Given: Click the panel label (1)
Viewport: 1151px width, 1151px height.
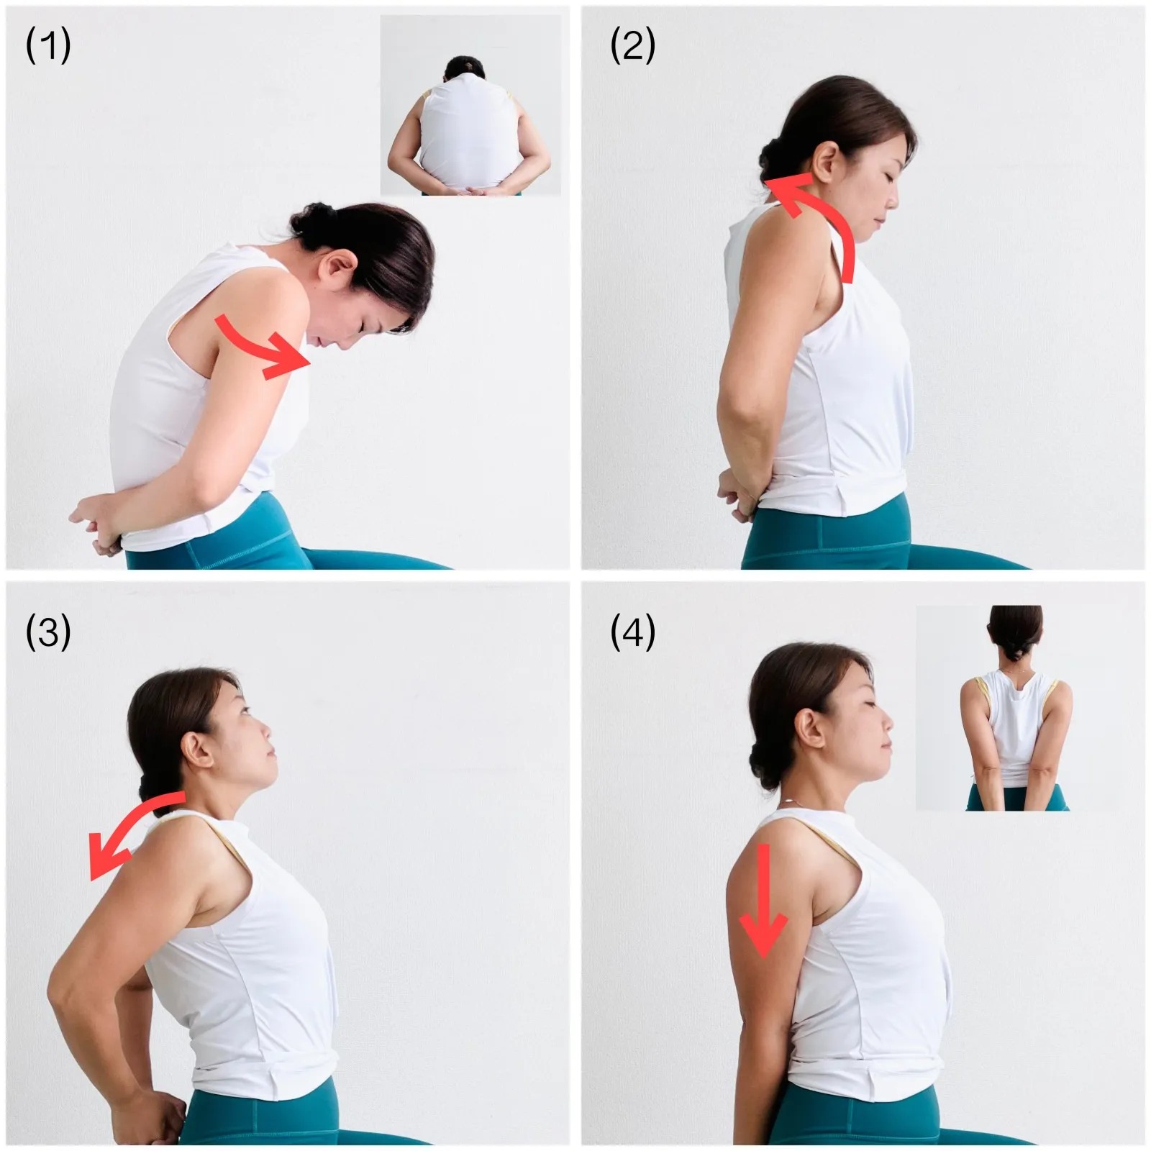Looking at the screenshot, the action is coord(48,47).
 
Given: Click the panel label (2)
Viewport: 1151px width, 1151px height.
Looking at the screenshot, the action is coord(632,47).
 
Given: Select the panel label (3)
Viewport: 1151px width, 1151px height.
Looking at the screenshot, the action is coord(48,633).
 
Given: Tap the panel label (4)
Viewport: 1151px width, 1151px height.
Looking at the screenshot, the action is coord(632,633).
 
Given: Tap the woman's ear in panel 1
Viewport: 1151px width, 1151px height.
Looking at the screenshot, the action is coord(340,269).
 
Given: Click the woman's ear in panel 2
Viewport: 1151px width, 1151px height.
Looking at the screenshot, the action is coord(828,161).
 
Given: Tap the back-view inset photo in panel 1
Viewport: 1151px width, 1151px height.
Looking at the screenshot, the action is coord(470,105).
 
